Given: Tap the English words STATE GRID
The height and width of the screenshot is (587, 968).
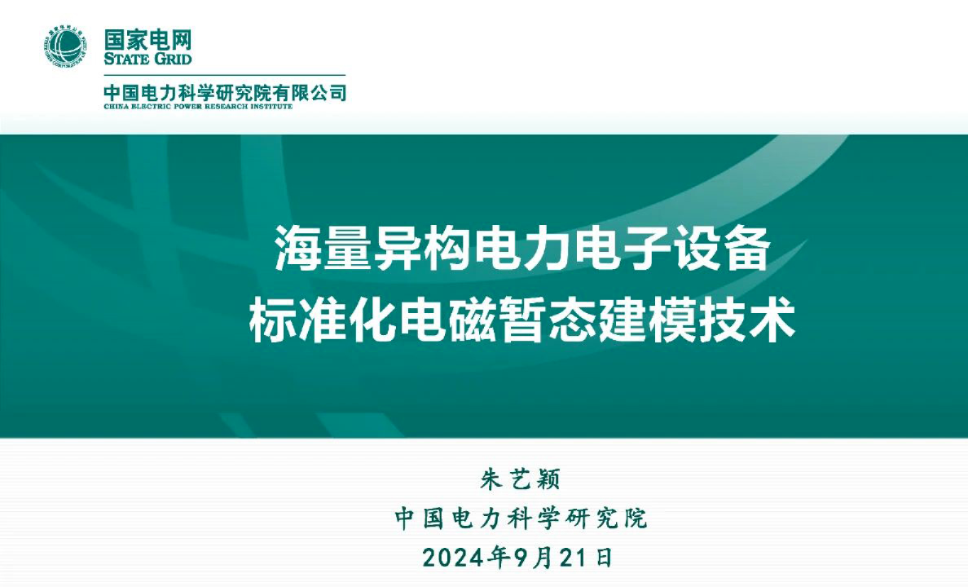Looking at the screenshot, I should click(147, 59).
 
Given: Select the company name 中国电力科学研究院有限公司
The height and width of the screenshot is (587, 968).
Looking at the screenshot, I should click(225, 92).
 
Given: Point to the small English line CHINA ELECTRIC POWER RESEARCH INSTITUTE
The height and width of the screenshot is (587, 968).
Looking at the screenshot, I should click(197, 107).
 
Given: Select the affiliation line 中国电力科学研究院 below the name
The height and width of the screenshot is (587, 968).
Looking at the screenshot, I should click(521, 517).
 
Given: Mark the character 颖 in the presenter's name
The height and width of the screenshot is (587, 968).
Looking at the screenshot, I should click(548, 479).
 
